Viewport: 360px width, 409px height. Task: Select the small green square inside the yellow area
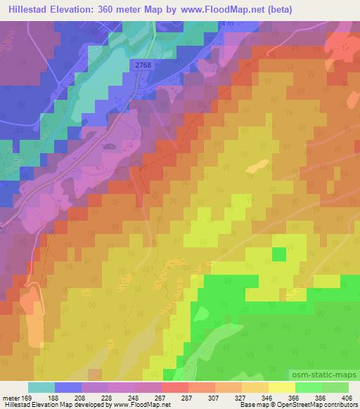pyautogui.click(x=279, y=254)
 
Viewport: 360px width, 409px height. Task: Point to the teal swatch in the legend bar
pyautogui.click(x=41, y=387)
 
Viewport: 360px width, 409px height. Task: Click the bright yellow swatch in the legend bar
pyautogui.click(x=282, y=387)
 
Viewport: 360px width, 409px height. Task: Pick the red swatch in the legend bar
pyautogui.click(x=174, y=387)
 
